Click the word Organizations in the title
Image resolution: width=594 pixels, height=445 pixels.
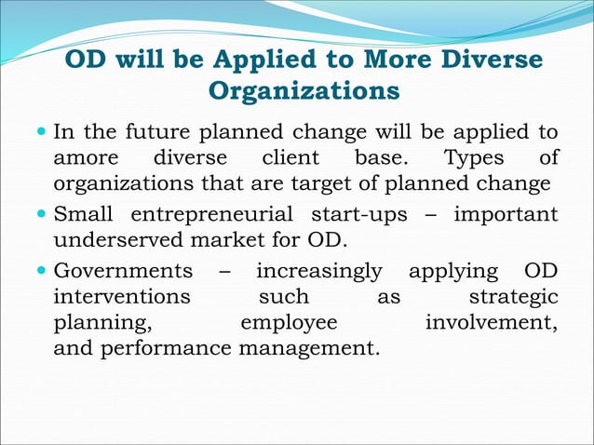coord(304,92)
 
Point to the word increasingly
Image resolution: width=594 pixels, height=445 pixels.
coord(318,272)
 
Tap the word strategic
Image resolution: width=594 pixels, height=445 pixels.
coord(513,297)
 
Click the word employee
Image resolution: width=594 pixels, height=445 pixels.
coord(289,322)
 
